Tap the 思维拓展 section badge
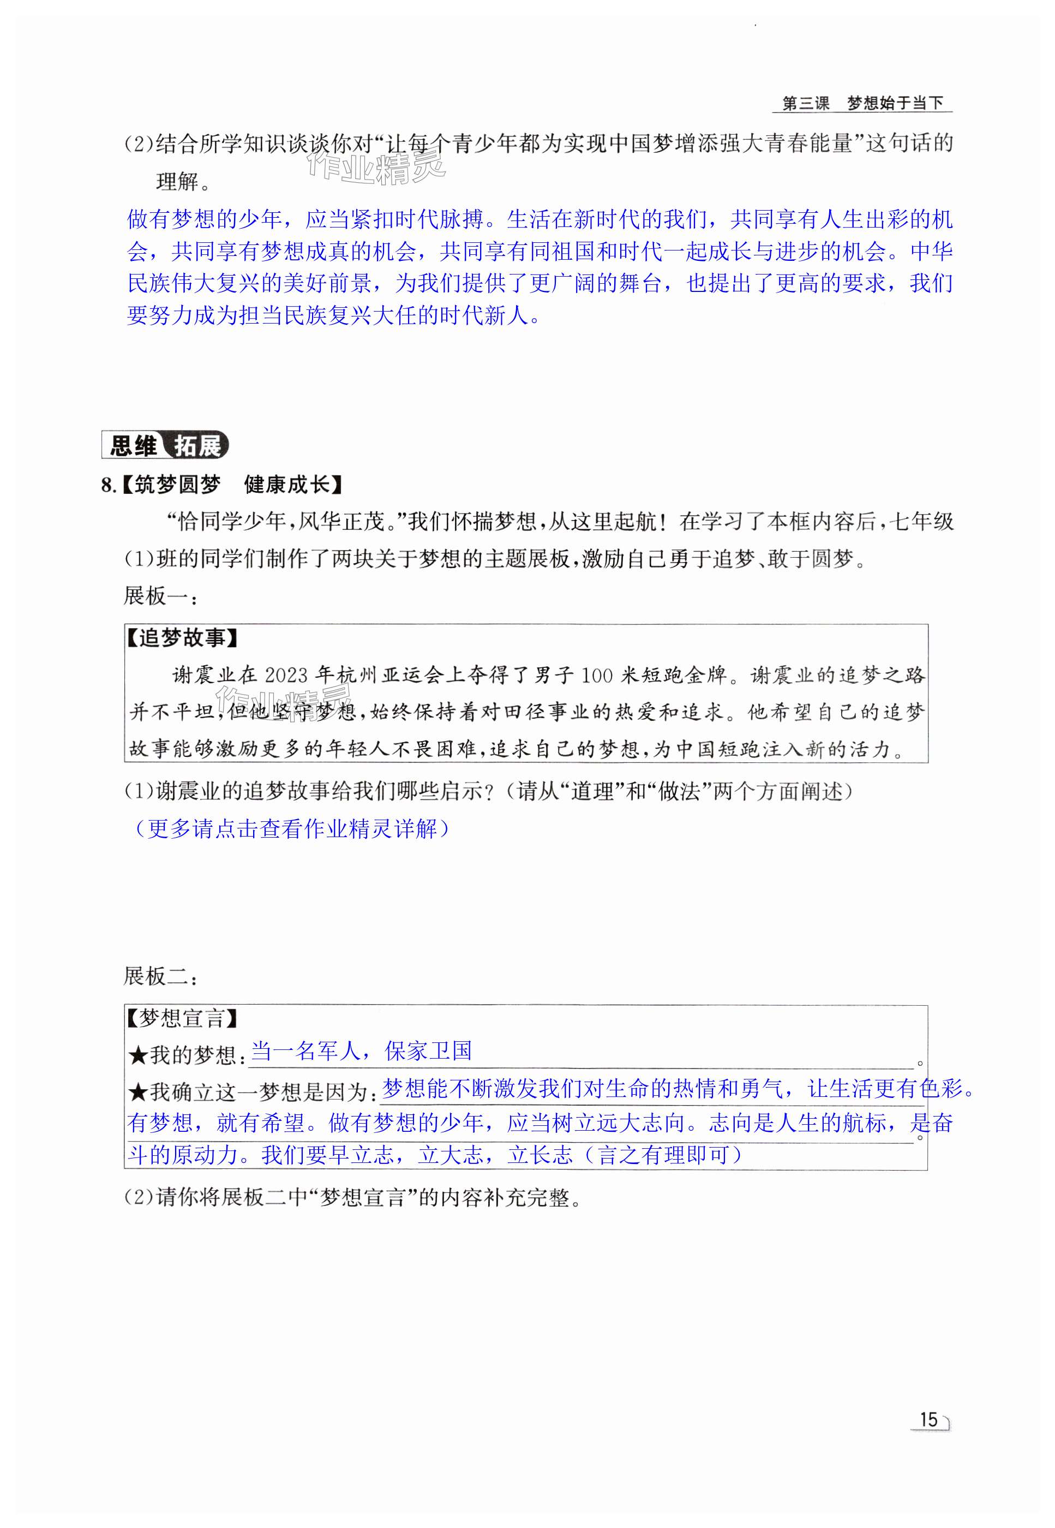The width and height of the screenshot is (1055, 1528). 165,445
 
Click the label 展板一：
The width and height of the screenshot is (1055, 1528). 160,596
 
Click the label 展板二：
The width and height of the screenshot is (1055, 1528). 160,976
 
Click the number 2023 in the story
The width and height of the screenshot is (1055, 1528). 286,675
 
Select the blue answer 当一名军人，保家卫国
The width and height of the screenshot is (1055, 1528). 362,1050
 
